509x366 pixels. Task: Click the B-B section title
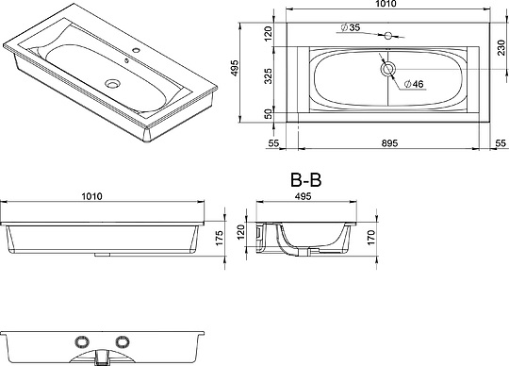[305, 180]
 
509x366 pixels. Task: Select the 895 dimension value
[389, 143]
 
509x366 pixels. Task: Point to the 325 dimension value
[268, 75]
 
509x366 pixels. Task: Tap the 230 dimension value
[501, 48]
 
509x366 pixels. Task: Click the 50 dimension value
[268, 114]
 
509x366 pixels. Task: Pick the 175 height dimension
[220, 238]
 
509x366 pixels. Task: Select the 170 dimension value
[371, 237]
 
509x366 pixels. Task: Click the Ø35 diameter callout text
[351, 27]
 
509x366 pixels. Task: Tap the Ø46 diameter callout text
[414, 84]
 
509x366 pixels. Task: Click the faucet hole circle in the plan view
[388, 36]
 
